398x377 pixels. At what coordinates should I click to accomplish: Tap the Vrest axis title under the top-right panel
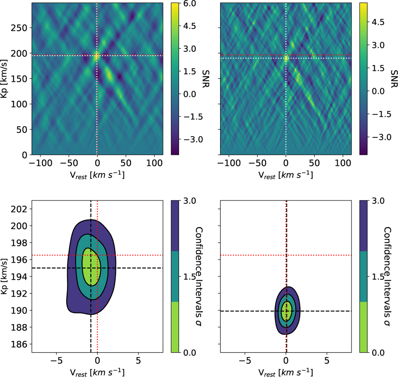pyautogui.click(x=286, y=175)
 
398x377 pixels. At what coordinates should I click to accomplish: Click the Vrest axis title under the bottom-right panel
pyautogui.click(x=286, y=372)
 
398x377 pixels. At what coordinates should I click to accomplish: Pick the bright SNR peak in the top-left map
pyautogui.click(x=97, y=56)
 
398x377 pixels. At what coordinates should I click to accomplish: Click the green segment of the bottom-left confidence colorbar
pyautogui.click(x=175, y=327)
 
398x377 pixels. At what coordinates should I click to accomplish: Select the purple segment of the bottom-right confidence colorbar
pyautogui.click(x=363, y=226)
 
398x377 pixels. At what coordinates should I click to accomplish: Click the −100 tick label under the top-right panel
pyautogui.click(x=229, y=163)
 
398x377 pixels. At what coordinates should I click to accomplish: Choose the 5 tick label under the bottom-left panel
pyautogui.click(x=138, y=360)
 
